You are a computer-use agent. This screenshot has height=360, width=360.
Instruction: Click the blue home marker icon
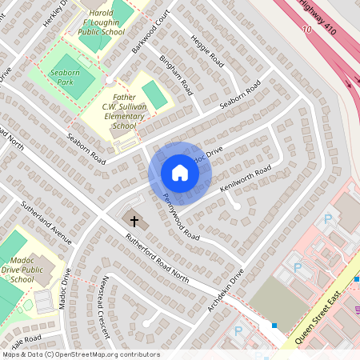(180, 173)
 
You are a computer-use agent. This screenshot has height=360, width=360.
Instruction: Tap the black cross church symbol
(134, 219)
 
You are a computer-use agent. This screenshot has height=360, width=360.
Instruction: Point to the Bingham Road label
(175, 74)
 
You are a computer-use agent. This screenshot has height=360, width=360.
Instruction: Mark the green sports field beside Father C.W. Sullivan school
(157, 94)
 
